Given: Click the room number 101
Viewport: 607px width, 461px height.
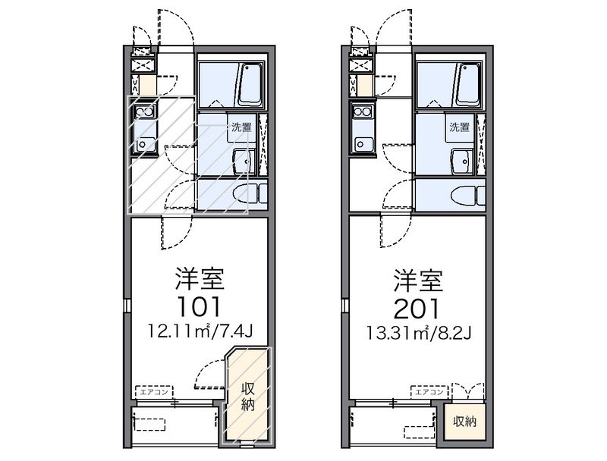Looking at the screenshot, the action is point(199,307).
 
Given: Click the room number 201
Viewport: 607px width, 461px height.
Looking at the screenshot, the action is point(417,309).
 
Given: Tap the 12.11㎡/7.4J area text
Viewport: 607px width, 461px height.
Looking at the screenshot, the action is point(200,331).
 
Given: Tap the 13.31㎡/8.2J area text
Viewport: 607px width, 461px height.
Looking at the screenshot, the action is point(419,332).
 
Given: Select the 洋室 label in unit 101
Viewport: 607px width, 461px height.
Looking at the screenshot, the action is point(200,279).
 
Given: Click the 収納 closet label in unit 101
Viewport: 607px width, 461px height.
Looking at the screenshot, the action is point(248,397).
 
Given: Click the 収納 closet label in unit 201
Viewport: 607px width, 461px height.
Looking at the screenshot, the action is point(464,422).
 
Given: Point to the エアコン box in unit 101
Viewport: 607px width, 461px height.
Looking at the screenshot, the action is point(154,392).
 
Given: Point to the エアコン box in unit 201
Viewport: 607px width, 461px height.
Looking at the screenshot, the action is point(429,392).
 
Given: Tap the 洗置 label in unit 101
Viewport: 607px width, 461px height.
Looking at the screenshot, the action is point(241,127).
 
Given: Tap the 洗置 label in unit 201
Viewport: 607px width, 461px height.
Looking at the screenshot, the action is point(460,127).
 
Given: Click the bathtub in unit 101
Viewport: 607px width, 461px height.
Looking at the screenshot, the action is point(251,85).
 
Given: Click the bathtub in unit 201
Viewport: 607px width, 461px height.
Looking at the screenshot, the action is point(469,85).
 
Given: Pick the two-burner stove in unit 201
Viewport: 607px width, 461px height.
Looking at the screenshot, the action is point(363,111).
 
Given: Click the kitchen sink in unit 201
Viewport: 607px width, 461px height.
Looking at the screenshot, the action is point(363,145).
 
